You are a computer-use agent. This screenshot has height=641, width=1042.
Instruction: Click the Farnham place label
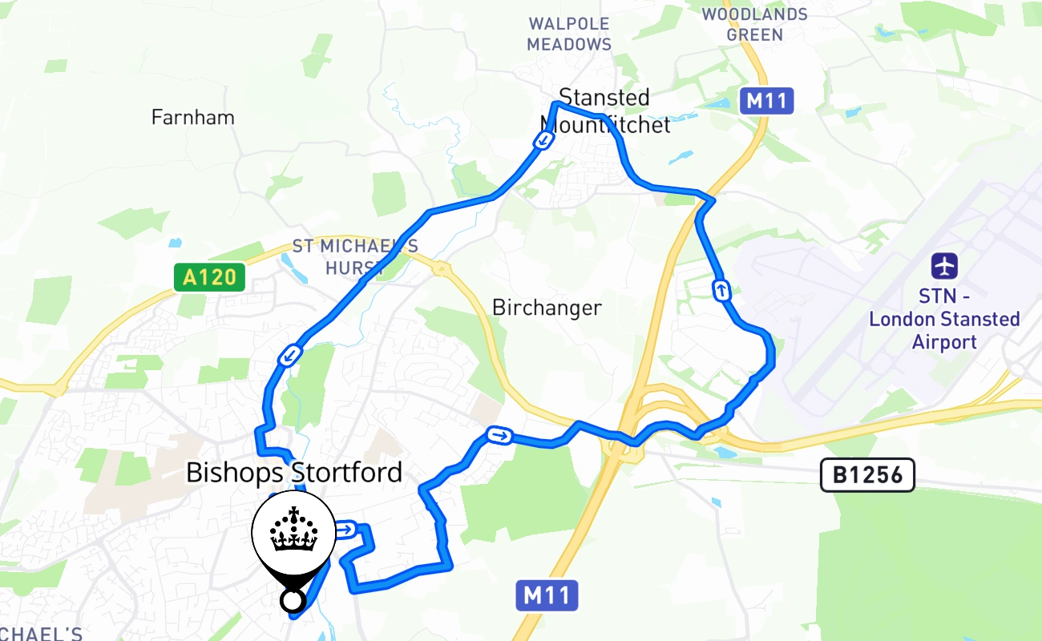193,118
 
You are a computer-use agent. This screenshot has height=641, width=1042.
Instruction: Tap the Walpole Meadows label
569,34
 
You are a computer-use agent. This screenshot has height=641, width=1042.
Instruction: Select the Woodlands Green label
754,25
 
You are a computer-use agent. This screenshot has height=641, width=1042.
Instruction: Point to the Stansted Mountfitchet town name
605,111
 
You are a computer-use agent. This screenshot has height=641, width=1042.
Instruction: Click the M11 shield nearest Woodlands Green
767,102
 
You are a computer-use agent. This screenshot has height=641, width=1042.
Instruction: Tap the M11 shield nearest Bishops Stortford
547,595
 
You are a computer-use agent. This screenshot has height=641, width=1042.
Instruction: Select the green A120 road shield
210,278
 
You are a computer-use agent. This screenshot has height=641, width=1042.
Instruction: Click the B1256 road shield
867,476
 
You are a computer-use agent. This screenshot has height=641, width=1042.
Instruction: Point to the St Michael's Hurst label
354,256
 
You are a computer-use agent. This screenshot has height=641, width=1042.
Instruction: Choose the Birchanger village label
547,308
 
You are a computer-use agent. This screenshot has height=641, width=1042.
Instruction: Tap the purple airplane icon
944,265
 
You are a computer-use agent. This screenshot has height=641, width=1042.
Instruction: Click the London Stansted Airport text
944,320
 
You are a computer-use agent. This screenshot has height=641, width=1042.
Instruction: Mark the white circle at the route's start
293,600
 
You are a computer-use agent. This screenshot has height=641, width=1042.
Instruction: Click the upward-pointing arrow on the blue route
723,290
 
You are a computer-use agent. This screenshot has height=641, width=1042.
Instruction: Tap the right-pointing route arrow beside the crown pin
346,530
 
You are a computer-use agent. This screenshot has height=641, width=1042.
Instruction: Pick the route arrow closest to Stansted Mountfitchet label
543,141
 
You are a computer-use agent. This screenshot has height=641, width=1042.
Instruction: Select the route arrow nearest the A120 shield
290,355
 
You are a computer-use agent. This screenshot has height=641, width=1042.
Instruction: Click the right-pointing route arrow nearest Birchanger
499,436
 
